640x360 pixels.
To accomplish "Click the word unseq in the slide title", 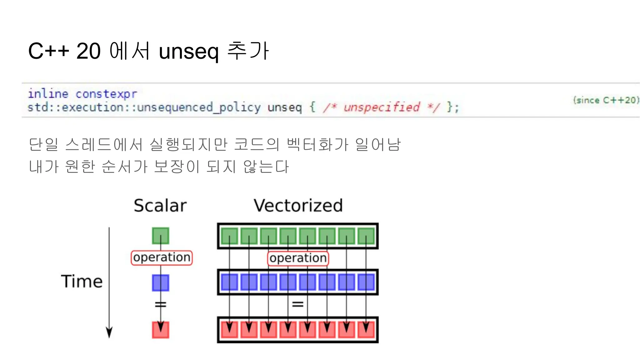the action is [188, 52].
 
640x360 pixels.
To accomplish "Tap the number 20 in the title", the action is [88, 51].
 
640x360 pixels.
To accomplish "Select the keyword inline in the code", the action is [48, 94].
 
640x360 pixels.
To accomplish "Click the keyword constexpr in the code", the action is [106, 94].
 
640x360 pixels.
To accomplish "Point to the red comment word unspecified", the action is [382, 107].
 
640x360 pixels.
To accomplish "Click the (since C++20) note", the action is [606, 100].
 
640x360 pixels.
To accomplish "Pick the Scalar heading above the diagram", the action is [160, 206].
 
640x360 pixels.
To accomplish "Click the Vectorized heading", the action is [298, 206].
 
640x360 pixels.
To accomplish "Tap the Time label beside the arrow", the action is [82, 281].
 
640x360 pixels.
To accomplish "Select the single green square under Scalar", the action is [161, 236].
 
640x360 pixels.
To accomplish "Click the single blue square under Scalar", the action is [161, 283].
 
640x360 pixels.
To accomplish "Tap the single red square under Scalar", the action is [161, 330].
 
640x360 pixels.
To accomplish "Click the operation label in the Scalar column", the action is [162, 257].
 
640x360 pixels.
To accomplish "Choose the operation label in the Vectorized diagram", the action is [298, 258].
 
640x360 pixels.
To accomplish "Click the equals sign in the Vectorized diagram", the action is [297, 304].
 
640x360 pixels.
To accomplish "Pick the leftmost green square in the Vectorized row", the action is [229, 236].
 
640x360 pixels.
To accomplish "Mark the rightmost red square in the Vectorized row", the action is [366, 330].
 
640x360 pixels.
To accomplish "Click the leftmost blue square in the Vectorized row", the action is [229, 282].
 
